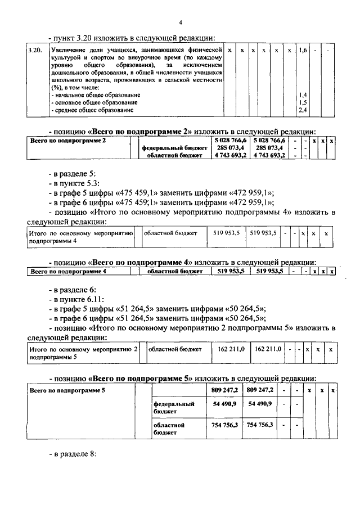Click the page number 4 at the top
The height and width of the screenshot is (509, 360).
pyautogui.click(x=181, y=22)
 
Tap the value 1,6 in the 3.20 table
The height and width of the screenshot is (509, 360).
pyautogui.click(x=303, y=51)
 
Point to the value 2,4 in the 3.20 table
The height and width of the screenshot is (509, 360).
pyautogui.click(x=303, y=110)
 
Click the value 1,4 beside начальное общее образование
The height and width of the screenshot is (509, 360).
pyautogui.click(x=303, y=95)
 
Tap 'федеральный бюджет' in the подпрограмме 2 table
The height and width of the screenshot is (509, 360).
pyautogui.click(x=174, y=147)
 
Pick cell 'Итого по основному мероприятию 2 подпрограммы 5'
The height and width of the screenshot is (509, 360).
pyautogui.click(x=83, y=353)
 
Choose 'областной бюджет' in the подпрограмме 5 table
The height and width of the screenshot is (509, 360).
pyautogui.click(x=169, y=429)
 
